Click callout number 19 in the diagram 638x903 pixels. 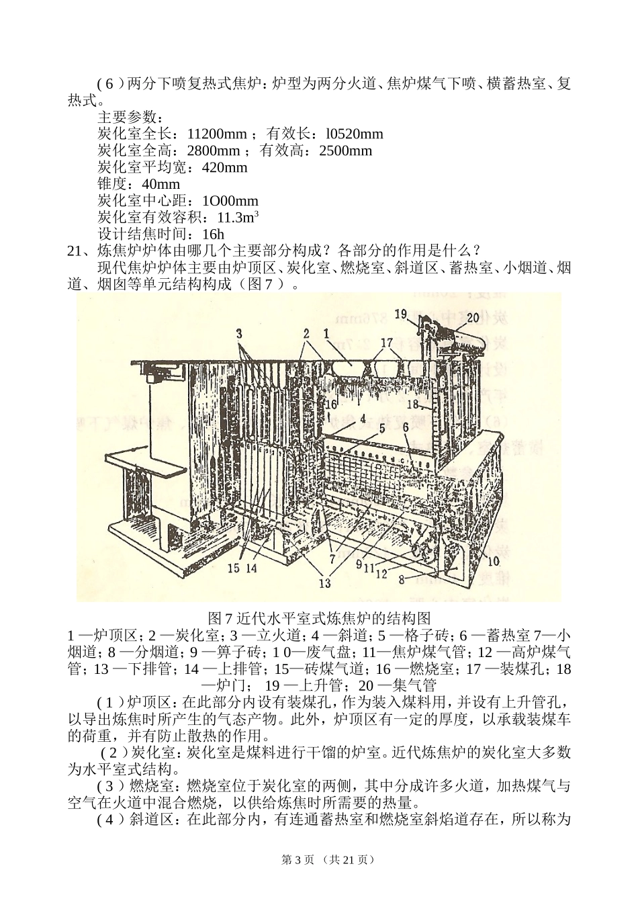(401, 314)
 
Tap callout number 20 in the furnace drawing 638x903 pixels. (472, 318)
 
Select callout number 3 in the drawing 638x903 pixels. (239, 333)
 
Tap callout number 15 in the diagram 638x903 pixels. (233, 568)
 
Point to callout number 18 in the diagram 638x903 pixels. (414, 404)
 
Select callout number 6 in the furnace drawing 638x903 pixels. (406, 427)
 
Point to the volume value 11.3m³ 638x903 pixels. (238, 217)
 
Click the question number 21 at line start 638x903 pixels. (75, 251)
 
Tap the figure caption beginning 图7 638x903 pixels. (319, 617)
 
